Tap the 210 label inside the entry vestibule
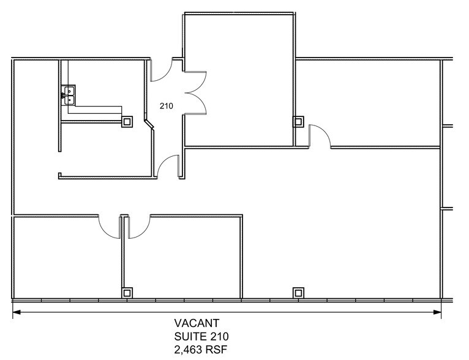[x=166, y=106]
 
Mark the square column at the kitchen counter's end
[x=127, y=121]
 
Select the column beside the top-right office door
[x=298, y=121]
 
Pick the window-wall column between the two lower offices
[x=127, y=292]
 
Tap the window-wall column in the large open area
[x=298, y=292]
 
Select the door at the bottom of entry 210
[x=168, y=165]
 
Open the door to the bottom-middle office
[x=138, y=227]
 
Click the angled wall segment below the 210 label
[x=149, y=125]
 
